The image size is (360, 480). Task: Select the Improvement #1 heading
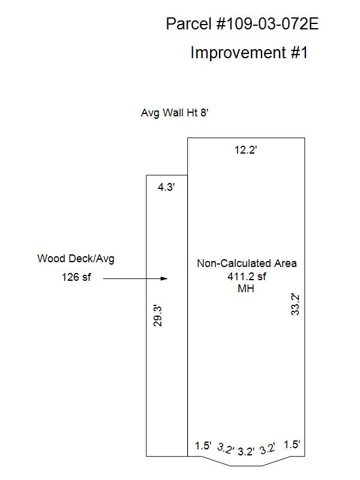point(249,52)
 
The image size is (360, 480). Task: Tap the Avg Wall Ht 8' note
point(175,113)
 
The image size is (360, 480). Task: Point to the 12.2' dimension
point(245,150)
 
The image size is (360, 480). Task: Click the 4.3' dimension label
point(166,187)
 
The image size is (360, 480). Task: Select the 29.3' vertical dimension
point(158,316)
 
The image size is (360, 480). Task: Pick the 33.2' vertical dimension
point(295,304)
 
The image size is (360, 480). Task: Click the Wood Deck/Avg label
point(76,259)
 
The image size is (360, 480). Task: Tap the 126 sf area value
point(76,277)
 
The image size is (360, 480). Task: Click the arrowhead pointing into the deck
point(164,278)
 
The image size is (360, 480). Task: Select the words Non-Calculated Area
point(247,263)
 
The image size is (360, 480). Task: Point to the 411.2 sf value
point(247,277)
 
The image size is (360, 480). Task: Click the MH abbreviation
point(246,289)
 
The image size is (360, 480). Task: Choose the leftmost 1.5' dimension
point(203,446)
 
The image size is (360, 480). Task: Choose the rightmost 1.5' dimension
point(292,445)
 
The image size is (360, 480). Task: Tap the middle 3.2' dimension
point(246,452)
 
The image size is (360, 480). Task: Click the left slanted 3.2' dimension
point(226,448)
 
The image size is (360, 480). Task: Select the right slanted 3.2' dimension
point(268,448)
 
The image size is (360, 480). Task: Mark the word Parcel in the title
point(189,23)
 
